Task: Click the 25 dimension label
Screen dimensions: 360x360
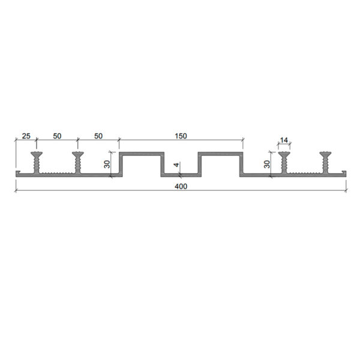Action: tap(26, 136)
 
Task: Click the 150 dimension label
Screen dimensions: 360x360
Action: tap(181, 136)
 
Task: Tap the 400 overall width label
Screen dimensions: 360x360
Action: tap(181, 187)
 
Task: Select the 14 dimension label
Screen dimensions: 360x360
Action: tap(284, 140)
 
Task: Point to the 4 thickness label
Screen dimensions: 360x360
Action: tap(176, 164)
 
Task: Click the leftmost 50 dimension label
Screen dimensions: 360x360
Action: tap(57, 136)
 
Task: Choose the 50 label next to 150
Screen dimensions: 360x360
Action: tap(98, 136)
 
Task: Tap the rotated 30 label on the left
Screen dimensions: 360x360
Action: tap(107, 164)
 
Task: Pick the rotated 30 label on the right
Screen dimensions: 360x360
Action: tap(267, 164)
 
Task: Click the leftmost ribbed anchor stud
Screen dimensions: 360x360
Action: tap(37, 163)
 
